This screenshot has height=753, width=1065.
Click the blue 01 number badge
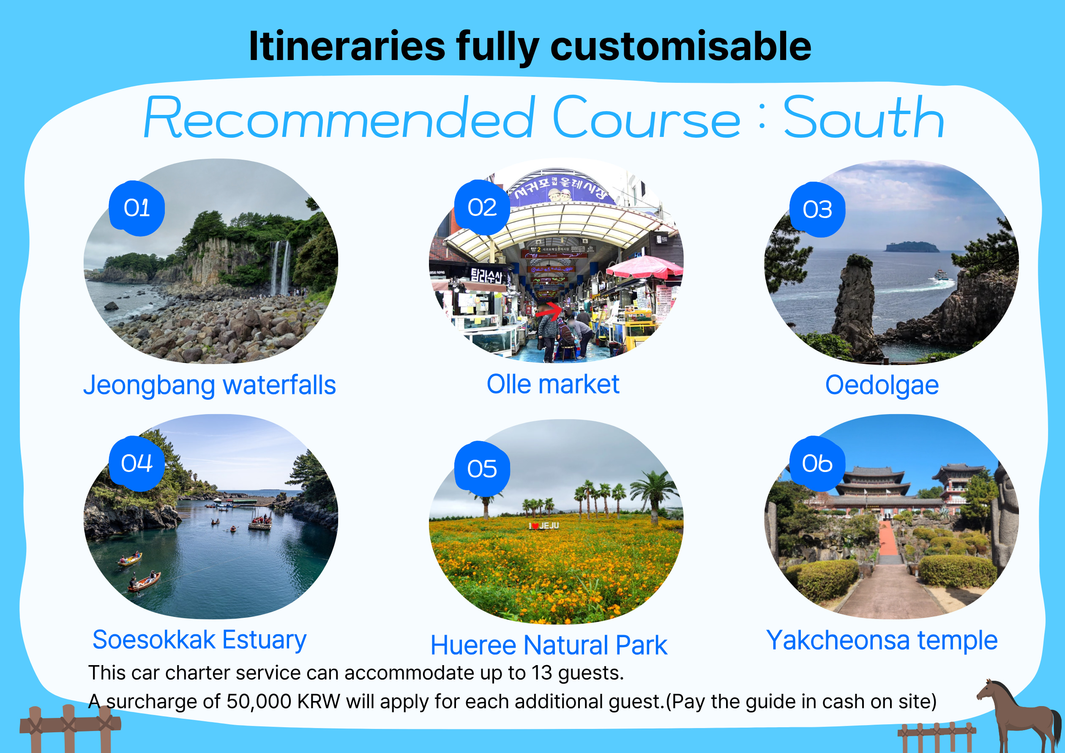point(137,208)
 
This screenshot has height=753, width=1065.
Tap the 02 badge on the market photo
point(482,207)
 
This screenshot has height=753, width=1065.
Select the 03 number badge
point(817,210)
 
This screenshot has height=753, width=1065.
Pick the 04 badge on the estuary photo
point(137,463)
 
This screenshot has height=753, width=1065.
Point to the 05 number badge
point(482,469)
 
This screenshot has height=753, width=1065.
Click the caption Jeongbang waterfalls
point(210,385)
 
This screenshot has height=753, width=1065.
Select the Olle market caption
point(553,384)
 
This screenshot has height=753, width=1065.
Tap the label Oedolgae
point(882,385)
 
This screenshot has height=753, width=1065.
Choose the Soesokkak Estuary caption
point(199,640)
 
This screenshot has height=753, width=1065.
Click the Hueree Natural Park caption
point(549,645)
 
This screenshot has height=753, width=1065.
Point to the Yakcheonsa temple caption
point(882,640)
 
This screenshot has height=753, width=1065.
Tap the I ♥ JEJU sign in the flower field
point(544,525)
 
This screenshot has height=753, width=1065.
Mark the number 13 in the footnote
point(542,673)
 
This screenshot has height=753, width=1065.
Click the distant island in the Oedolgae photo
point(912,247)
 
